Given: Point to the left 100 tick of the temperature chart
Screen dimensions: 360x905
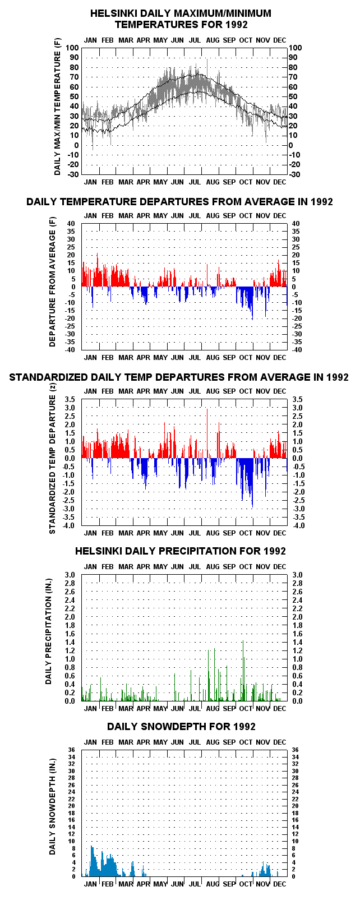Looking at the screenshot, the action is tap(72, 48).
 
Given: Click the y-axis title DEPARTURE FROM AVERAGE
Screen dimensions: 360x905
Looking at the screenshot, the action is tap(53, 282).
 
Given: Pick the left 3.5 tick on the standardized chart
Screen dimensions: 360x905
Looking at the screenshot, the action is tap(70, 400).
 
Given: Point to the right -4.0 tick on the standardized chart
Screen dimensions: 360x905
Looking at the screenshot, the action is tap(298, 525).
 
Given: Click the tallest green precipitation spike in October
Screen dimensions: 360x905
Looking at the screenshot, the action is tap(243, 671).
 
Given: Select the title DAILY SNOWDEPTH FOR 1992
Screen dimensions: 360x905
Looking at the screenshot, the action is tap(182, 727).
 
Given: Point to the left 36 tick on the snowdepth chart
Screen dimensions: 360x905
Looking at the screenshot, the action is tap(71, 750).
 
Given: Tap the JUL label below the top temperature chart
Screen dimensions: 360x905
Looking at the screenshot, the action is tap(195, 182).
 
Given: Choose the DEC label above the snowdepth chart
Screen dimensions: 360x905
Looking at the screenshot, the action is tap(280, 742).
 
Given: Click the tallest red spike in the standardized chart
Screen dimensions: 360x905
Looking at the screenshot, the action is tap(207, 433).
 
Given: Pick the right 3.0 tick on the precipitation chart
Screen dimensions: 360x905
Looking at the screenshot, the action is tap(297, 575).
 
